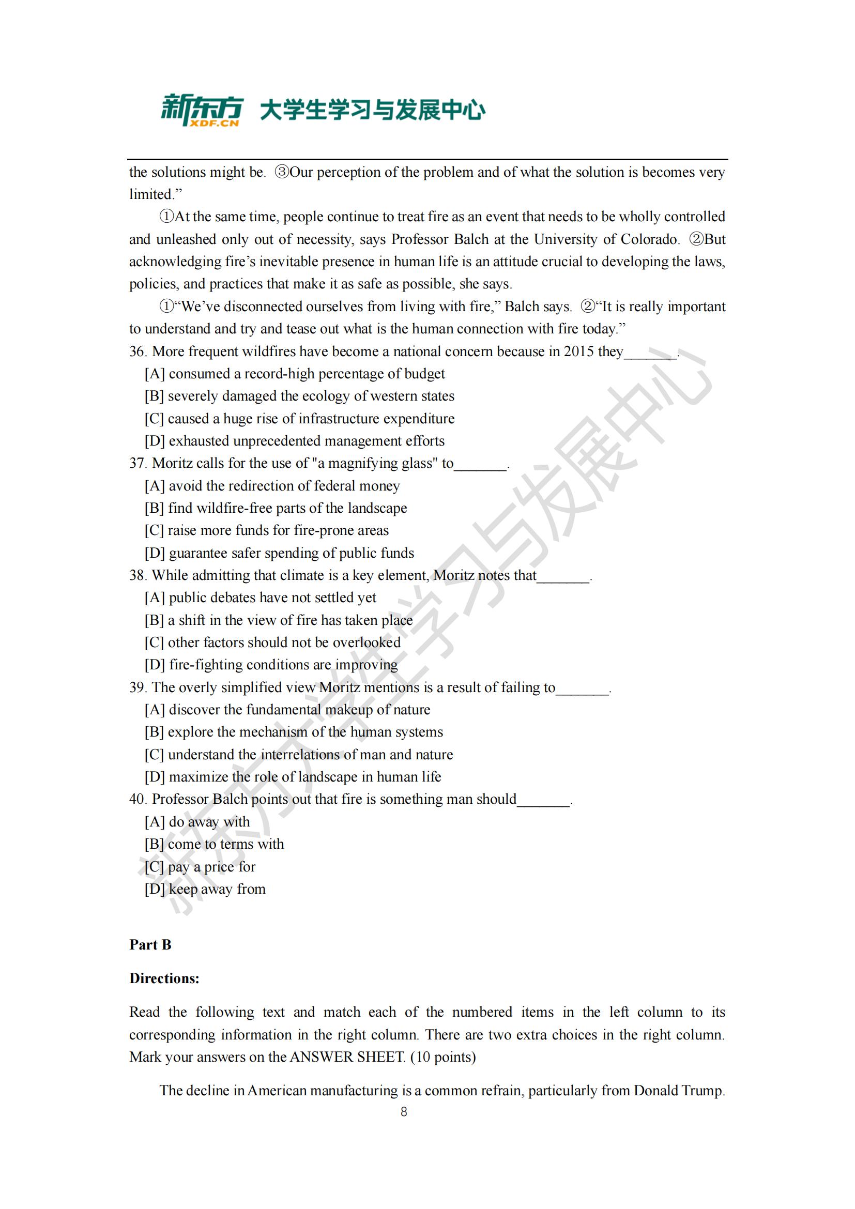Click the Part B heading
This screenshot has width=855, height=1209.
tap(150, 945)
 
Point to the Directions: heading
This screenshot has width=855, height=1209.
tap(164, 978)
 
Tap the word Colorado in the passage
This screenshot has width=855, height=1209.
tap(649, 240)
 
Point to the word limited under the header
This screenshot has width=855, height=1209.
tap(151, 195)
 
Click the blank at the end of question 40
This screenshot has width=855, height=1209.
tap(543, 800)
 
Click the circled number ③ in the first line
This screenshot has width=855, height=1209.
tap(282, 172)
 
